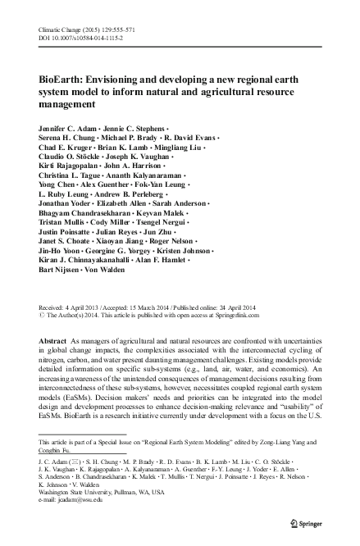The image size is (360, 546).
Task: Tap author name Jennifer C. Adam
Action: (68, 130)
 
